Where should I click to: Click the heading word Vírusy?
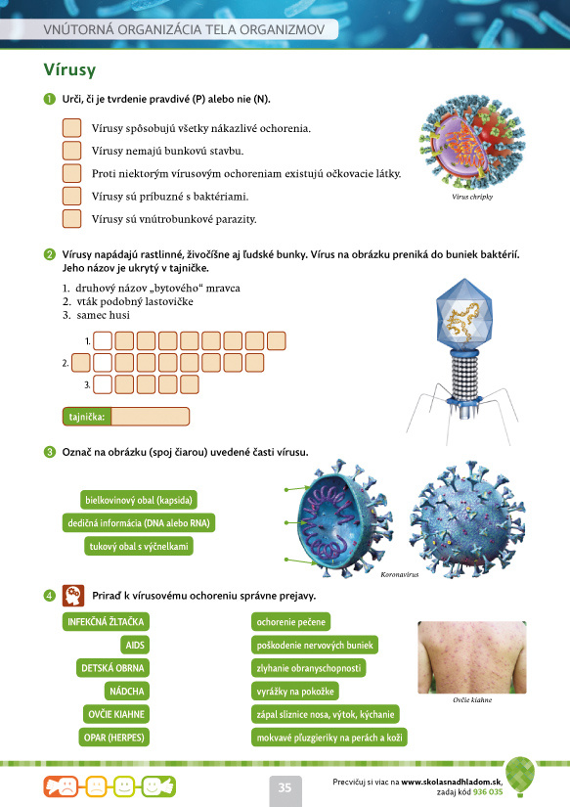pyautogui.click(x=69, y=69)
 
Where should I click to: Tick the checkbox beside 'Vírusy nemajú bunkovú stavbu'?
pyautogui.click(x=72, y=151)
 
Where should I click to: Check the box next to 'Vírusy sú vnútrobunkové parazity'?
pyautogui.click(x=72, y=219)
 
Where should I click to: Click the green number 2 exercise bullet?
pyautogui.click(x=50, y=254)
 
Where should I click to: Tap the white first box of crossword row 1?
pyautogui.click(x=103, y=340)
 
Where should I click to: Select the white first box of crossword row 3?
pyautogui.click(x=103, y=384)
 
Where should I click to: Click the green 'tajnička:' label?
pyautogui.click(x=87, y=417)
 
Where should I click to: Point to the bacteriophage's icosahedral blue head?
pyautogui.click(x=464, y=313)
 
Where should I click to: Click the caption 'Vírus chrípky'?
pyautogui.click(x=472, y=197)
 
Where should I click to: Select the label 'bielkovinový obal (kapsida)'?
pyautogui.click(x=139, y=500)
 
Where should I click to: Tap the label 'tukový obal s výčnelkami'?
pyautogui.click(x=139, y=546)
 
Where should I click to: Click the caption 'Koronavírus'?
pyautogui.click(x=400, y=574)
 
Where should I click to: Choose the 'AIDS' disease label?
pyautogui.click(x=135, y=645)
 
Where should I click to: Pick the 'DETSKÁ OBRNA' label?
pyautogui.click(x=112, y=668)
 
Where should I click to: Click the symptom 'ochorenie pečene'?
pyautogui.click(x=290, y=622)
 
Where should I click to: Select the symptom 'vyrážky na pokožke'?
pyautogui.click(x=295, y=692)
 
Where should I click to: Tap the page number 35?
pyautogui.click(x=285, y=787)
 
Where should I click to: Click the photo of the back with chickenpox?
pyautogui.click(x=472, y=657)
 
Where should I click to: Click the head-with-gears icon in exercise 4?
pyautogui.click(x=73, y=596)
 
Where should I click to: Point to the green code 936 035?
pyautogui.click(x=488, y=791)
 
